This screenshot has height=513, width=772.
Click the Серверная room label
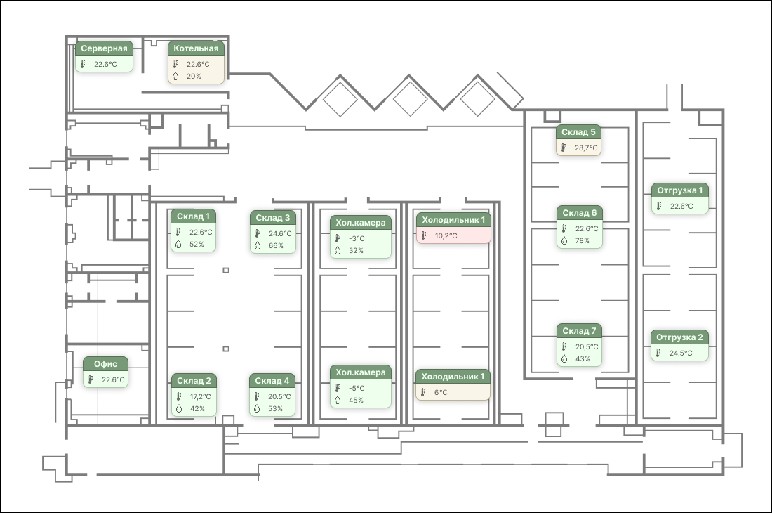tap(104, 48)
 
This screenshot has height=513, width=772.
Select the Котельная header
tap(196, 48)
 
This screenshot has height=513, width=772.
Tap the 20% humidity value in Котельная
tap(194, 77)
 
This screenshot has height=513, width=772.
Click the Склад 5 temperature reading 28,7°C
tap(586, 148)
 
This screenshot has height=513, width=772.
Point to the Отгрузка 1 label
tap(680, 190)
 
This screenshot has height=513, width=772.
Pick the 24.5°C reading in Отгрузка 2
tap(681, 353)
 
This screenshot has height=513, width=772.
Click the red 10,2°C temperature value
tap(446, 235)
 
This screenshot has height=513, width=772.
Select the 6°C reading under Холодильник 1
tap(441, 392)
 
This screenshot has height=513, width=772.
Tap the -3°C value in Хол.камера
tap(357, 238)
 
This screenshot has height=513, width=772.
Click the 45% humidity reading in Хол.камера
tap(356, 400)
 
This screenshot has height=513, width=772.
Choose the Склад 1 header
tap(193, 216)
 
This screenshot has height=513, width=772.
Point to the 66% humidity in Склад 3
tap(276, 245)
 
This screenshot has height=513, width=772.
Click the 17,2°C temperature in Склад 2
tap(201, 396)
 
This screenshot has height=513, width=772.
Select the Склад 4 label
tap(272, 380)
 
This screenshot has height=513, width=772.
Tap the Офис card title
tap(105, 364)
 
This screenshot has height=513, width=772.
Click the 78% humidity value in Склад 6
tap(583, 240)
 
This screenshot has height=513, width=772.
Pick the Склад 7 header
tap(579, 331)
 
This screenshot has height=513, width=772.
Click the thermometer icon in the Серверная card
tap(84, 63)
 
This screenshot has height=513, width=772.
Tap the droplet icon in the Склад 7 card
tap(564, 359)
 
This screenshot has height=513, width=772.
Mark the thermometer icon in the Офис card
tap(91, 379)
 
